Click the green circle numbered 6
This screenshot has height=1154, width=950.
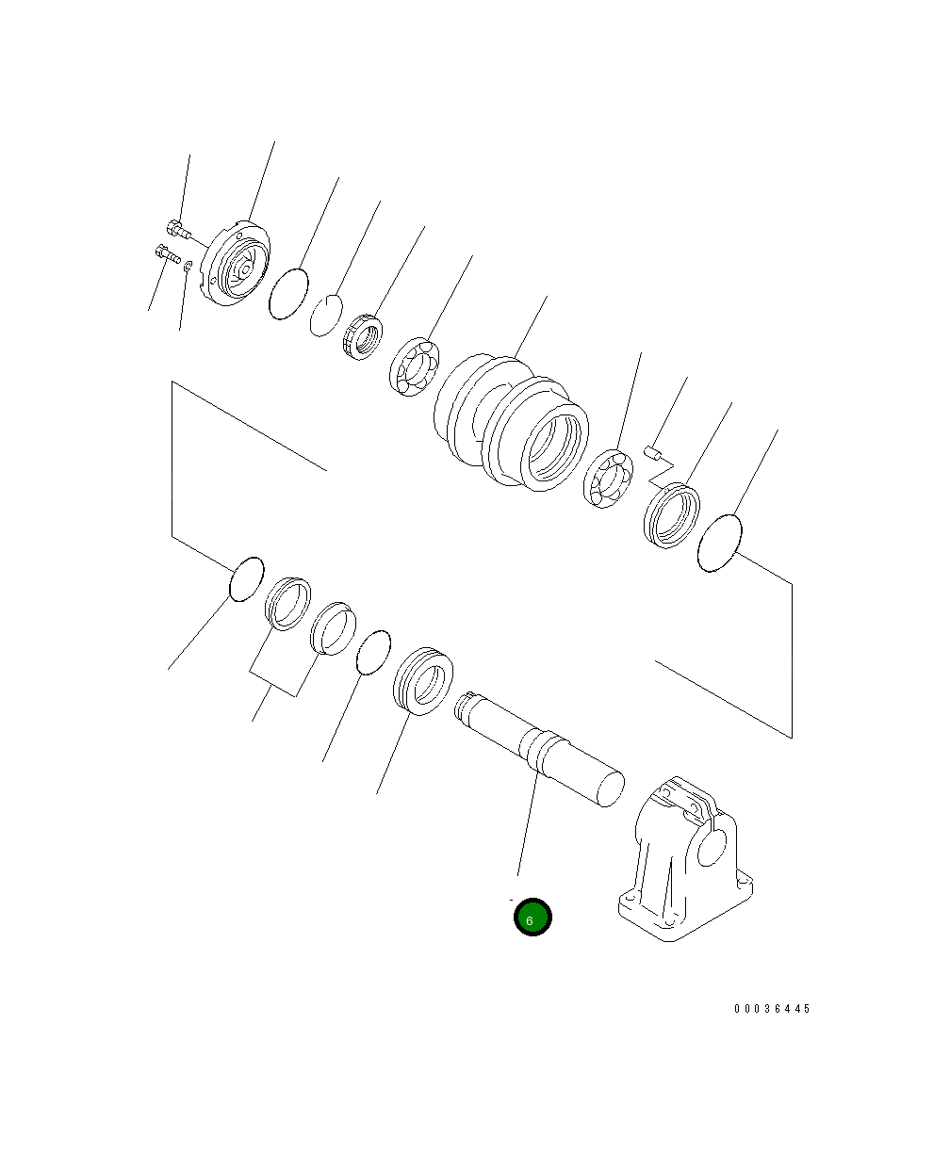[532, 917]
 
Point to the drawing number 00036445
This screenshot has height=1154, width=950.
[772, 1008]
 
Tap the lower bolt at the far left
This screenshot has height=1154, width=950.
[168, 253]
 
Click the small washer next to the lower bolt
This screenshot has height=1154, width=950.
[188, 267]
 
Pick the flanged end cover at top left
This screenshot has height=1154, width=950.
[235, 263]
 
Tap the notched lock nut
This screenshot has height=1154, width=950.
[363, 337]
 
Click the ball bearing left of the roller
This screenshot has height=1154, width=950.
[415, 366]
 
